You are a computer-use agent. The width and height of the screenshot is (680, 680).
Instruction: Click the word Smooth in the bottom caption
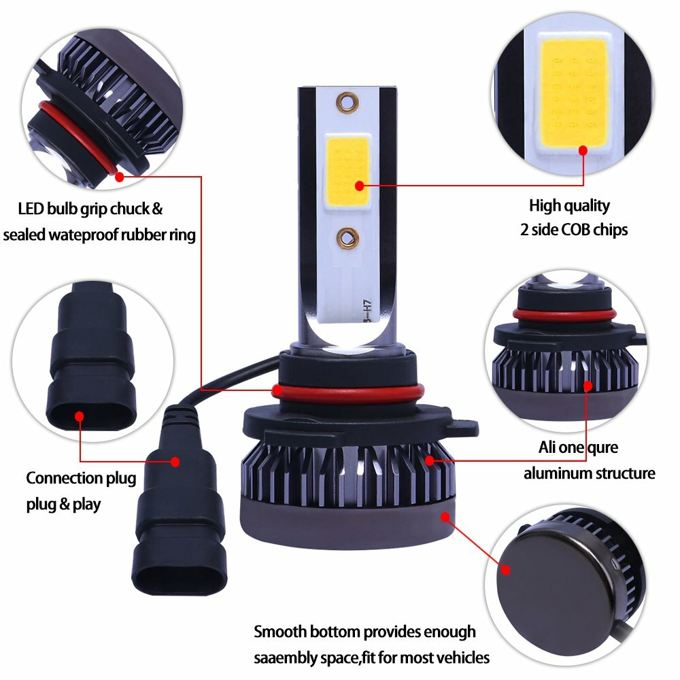pos(281,632)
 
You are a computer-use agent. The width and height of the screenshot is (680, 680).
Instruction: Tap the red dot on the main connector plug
pos(175,461)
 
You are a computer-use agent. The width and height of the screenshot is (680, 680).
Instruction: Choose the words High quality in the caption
pos(570,206)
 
